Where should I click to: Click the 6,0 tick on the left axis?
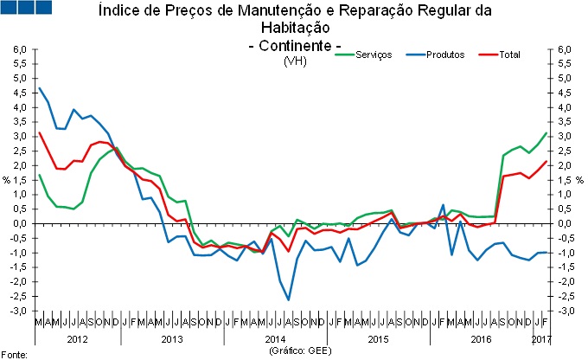20,49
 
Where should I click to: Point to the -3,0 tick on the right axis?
565,311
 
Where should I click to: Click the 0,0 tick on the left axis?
20,223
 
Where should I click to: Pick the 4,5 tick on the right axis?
565,93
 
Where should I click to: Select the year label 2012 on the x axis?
77,337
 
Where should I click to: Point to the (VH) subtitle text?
294,61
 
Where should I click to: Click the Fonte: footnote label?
15,354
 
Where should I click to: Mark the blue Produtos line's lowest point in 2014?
289,299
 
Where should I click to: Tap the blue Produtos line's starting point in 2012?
39,88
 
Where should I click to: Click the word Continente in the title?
294,45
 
